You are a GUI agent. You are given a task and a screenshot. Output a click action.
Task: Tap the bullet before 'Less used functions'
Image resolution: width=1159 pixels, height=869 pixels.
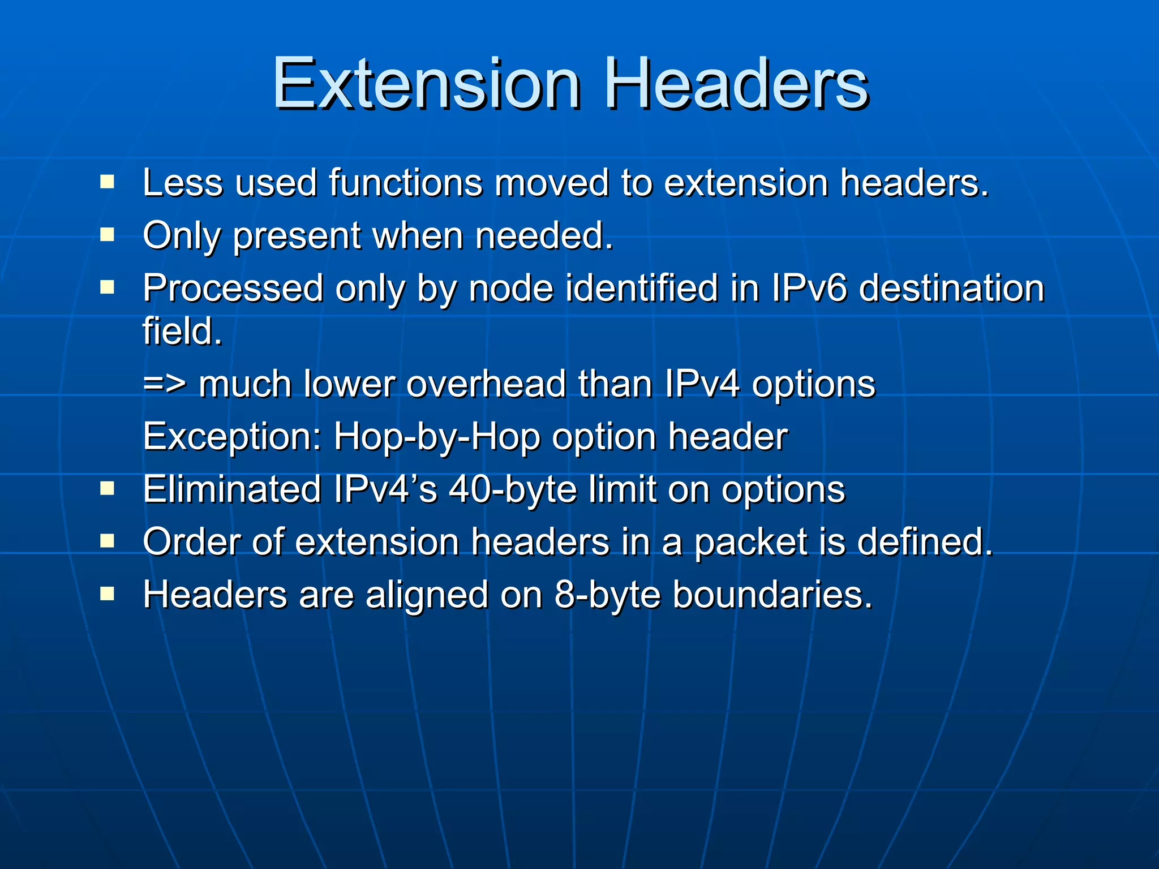tap(107, 182)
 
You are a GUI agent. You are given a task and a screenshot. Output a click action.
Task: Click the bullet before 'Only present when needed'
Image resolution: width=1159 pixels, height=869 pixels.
tap(107, 235)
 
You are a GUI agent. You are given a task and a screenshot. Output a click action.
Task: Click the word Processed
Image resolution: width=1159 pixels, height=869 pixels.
tap(233, 289)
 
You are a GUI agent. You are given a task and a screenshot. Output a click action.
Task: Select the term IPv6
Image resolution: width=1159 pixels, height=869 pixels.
tap(809, 288)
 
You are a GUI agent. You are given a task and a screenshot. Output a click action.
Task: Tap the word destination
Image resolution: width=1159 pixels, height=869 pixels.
tap(951, 288)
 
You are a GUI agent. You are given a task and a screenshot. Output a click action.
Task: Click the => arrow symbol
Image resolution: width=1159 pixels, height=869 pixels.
tap(164, 384)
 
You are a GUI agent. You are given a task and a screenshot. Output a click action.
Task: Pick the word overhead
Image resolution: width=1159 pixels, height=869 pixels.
tap(486, 384)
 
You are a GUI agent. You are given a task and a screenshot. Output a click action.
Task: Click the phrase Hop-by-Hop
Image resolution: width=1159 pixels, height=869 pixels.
tap(436, 437)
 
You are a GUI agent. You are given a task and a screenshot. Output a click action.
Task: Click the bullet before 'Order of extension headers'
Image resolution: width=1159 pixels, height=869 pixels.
tap(107, 541)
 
